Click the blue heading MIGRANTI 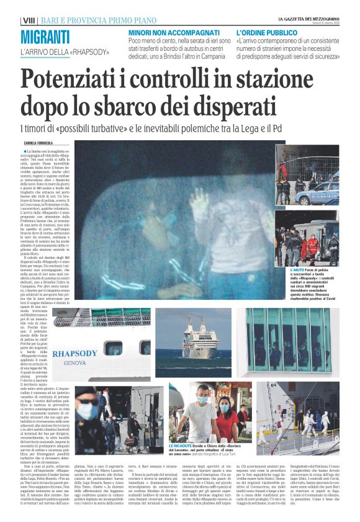pyautogui.click(x=45, y=37)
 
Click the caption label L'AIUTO pyautogui.click(x=316, y=271)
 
